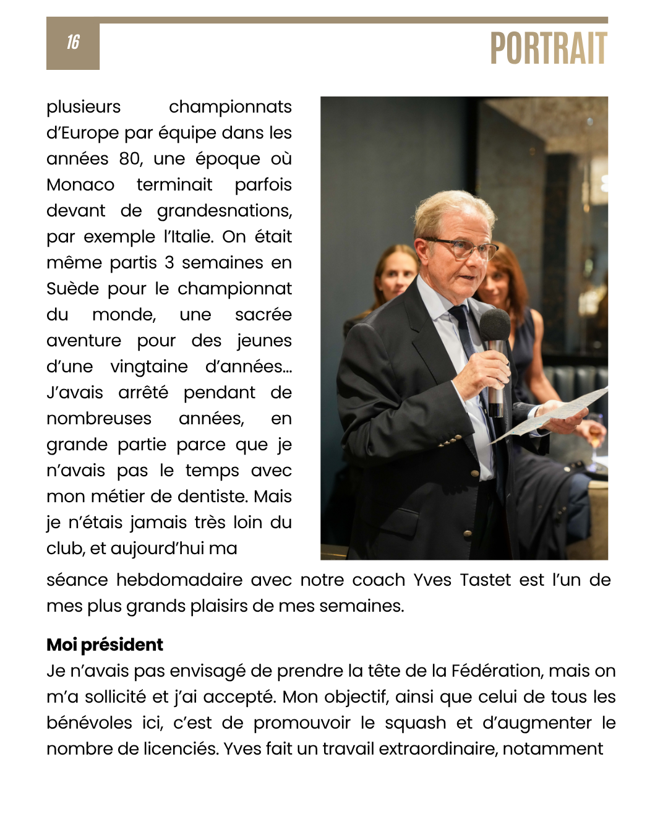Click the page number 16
coord(73,42)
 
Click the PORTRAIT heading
coord(548,49)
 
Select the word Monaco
coord(80,185)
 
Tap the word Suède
coord(72,289)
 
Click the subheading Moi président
coord(105,644)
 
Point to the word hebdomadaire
coord(179,580)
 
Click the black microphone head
coord(495,323)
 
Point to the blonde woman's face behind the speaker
coord(396,276)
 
